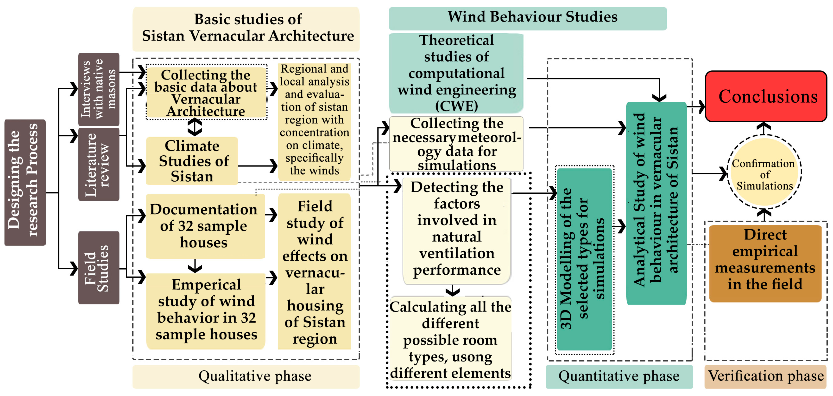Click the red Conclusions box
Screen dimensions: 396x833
click(766, 97)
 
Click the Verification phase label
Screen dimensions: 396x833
click(765, 376)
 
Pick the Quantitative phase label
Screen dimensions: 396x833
click(619, 376)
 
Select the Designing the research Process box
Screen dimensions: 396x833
click(25, 182)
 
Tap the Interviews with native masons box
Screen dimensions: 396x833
click(99, 89)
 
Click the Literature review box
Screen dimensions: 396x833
click(99, 164)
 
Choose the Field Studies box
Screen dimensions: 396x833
click(99, 268)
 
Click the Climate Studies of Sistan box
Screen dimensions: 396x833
click(192, 161)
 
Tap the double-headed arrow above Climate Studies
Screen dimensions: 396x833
click(195, 127)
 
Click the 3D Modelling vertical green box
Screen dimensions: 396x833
click(584, 259)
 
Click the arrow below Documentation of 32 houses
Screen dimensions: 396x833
click(195, 266)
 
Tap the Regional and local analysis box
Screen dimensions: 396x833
click(314, 120)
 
